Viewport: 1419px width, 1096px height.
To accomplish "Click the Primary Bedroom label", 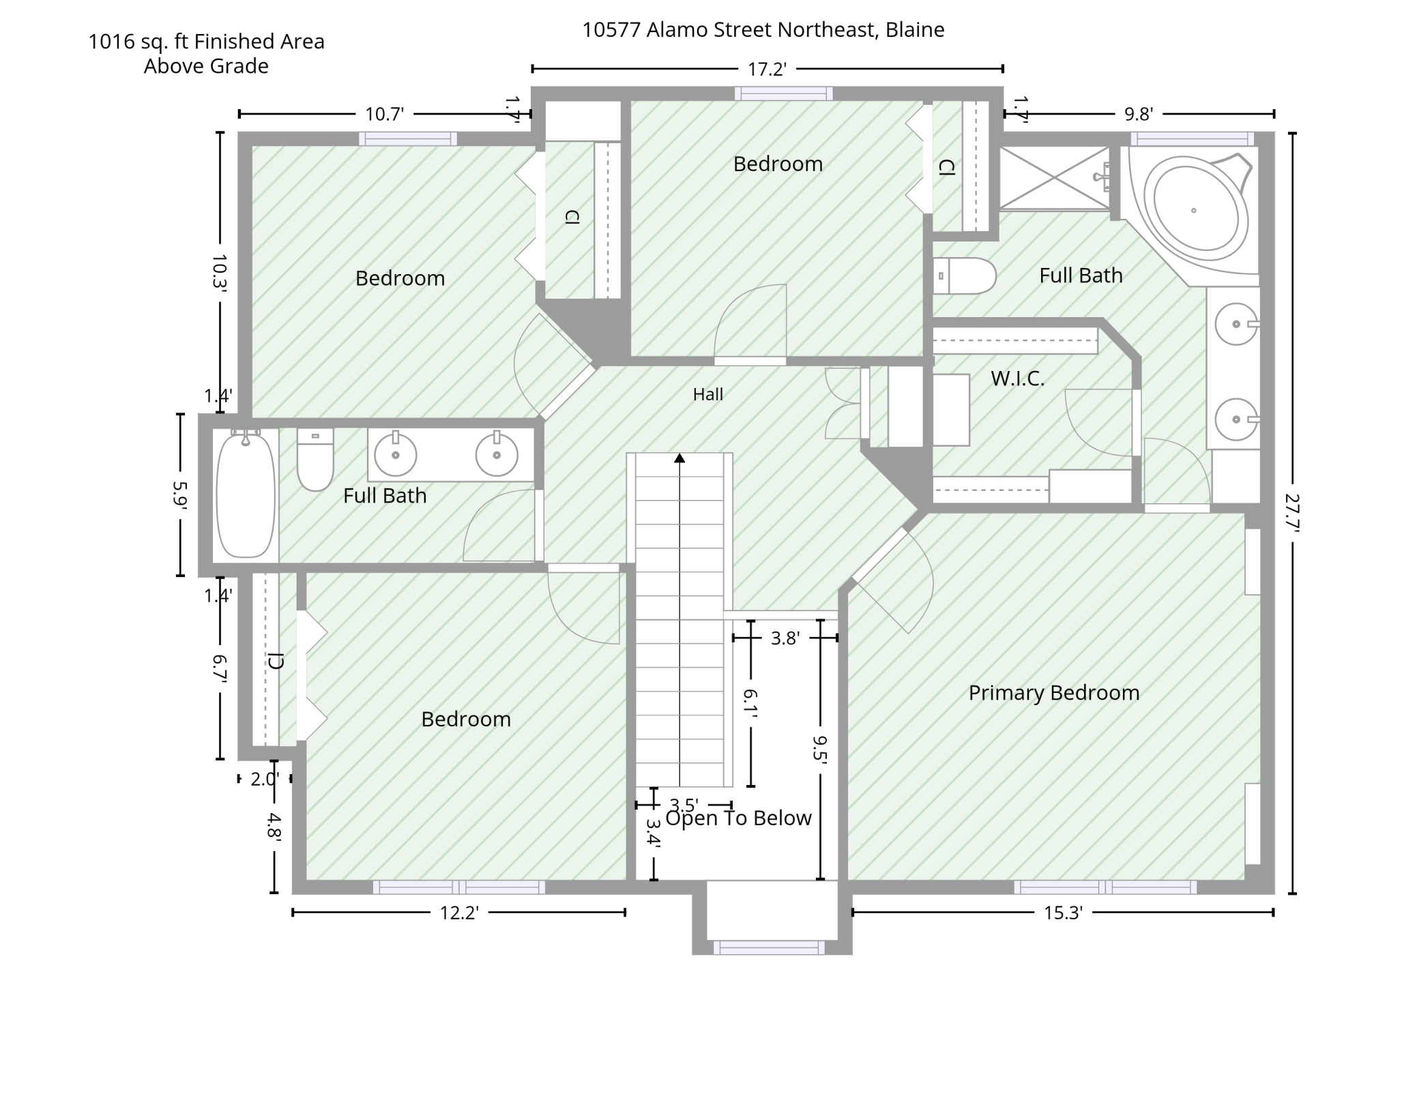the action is (x=1054, y=693).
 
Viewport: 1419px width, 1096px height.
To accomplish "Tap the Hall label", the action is (x=707, y=394).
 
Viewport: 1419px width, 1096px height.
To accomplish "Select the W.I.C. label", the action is (x=1018, y=379).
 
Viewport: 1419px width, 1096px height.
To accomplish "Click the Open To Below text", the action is (x=738, y=818).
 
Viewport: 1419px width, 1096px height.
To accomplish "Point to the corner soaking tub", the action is (x=1193, y=209).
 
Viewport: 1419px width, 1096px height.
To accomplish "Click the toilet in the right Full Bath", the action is (x=964, y=276).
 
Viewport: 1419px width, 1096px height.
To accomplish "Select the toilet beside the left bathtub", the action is (x=315, y=459).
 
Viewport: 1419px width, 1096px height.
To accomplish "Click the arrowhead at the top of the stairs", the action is (x=679, y=458).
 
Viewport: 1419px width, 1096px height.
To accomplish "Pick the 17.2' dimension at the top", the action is (x=767, y=69).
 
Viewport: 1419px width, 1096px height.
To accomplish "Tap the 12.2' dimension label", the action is (x=459, y=913).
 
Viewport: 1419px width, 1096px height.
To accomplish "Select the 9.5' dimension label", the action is (x=820, y=747).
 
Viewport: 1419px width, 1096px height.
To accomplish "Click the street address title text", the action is (x=763, y=30).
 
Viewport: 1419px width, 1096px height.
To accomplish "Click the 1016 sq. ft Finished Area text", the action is (x=206, y=42).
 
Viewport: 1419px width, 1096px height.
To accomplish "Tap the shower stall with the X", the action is (x=1055, y=177).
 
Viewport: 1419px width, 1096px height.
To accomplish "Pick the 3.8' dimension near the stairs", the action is (x=785, y=638).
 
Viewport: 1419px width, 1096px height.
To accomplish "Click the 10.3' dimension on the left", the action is (x=220, y=273).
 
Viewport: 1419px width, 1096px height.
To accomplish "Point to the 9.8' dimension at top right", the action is (x=1139, y=114).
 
